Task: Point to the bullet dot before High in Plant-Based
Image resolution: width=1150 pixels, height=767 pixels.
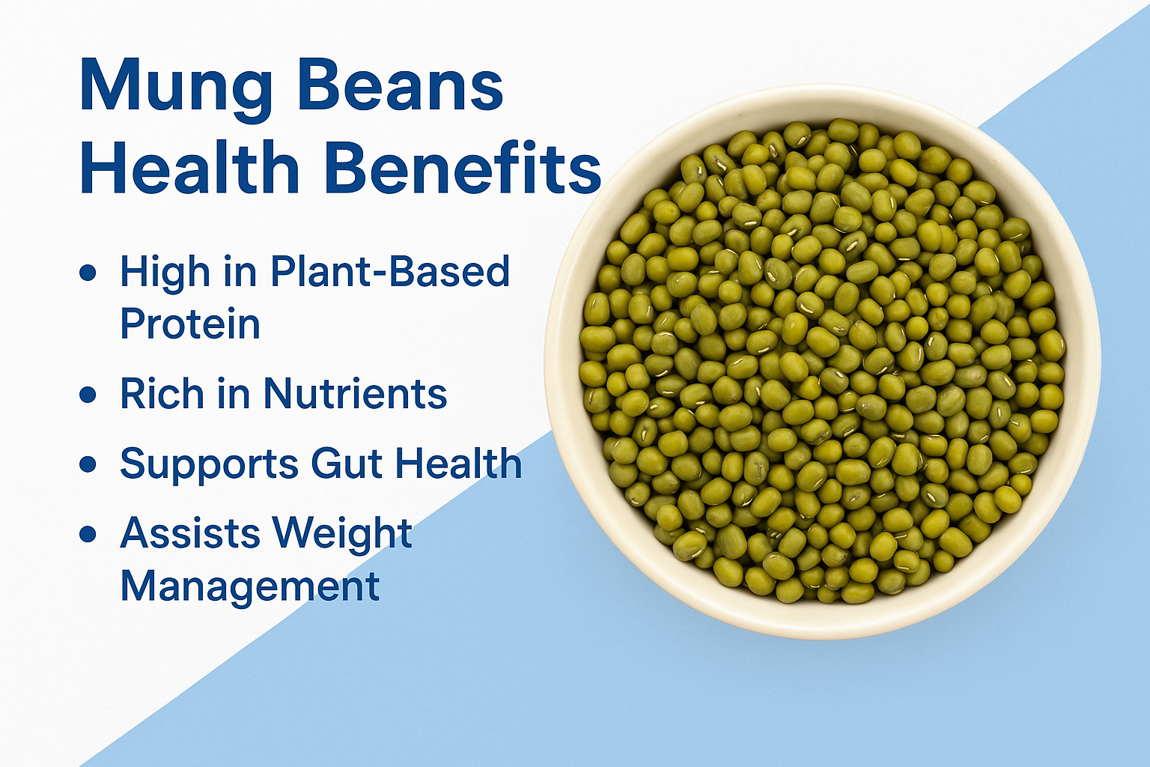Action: click(x=88, y=273)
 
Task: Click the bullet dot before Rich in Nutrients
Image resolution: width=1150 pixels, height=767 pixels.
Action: click(x=88, y=394)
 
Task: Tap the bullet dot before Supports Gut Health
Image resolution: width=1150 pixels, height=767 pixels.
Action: click(x=88, y=464)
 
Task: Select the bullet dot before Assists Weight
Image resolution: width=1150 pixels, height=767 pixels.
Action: click(x=88, y=534)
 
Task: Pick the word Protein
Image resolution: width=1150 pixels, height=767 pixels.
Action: click(x=190, y=324)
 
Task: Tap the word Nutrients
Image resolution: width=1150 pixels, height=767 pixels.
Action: click(x=355, y=394)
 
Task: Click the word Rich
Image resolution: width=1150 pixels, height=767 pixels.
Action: click(x=162, y=394)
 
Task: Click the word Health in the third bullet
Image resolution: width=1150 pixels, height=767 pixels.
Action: click(x=458, y=464)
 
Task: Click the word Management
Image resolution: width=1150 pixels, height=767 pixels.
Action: click(x=250, y=587)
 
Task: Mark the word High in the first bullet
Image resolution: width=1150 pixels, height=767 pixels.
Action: click(x=165, y=273)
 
